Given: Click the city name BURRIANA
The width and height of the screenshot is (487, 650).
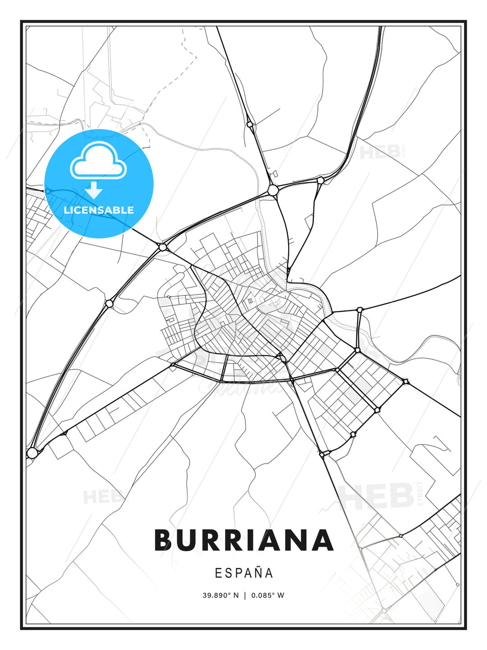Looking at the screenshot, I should coord(243,540).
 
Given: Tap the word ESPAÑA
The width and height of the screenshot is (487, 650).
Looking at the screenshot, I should coord(244,573).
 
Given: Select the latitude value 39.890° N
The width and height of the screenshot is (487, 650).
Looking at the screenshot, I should coord(221,595).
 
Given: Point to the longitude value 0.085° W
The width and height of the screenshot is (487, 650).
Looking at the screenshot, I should coord(267,595).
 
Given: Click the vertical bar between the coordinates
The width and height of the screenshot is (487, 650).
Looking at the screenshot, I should coord(244,595).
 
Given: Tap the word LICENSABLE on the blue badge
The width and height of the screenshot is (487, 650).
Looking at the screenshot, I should coord(99,210).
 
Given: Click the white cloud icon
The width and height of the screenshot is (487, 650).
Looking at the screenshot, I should coord(98,161).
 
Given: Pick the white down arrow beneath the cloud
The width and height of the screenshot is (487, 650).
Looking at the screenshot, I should coord(94,190).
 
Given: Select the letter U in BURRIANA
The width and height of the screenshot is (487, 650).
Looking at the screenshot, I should coord(193,540).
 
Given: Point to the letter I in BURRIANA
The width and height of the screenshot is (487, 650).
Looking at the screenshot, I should coord(265,540).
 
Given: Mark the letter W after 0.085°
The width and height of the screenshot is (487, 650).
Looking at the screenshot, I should coord(280,595).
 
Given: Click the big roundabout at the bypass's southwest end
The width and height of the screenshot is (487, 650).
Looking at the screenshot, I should coord(32,452).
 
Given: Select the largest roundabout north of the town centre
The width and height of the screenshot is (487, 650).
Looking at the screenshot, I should coord(272,190).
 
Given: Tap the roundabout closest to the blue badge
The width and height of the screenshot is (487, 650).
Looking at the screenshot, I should coord(163,247).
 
